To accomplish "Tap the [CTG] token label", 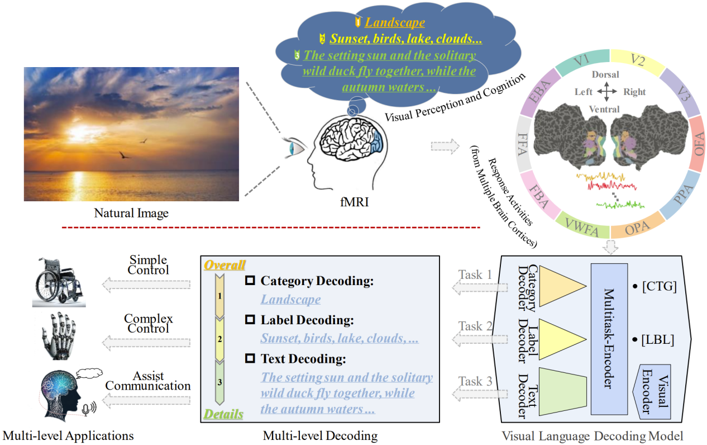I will (x=659, y=287).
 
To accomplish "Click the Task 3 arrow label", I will (x=475, y=382).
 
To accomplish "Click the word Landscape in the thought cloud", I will (x=394, y=22).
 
